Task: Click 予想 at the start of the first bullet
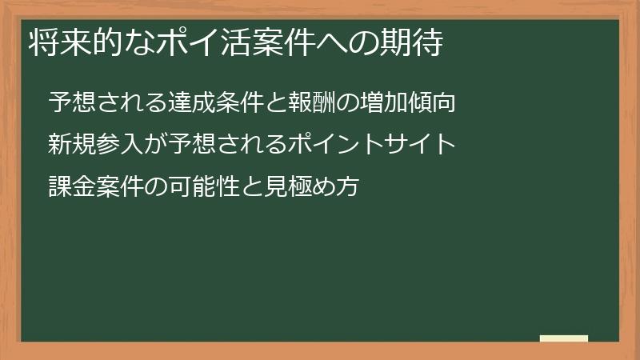tap(68, 103)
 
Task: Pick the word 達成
tap(188, 103)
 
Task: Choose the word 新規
tap(68, 145)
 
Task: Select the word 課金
tap(68, 187)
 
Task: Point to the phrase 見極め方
tap(314, 187)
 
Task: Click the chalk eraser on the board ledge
tap(563, 338)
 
